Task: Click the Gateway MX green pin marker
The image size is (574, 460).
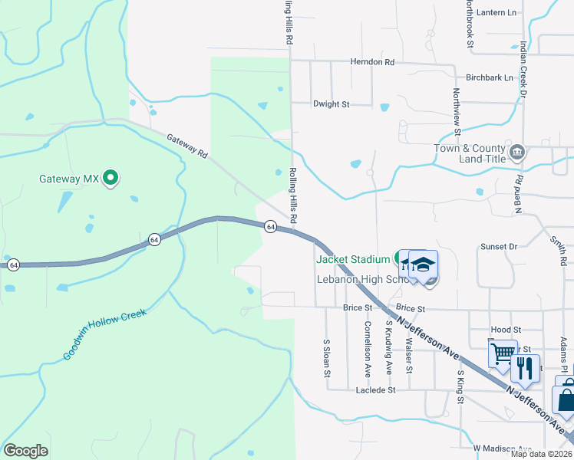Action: (110, 179)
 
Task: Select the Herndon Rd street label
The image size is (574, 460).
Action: (371, 61)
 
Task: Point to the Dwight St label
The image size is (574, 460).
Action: (331, 103)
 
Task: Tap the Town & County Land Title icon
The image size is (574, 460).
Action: (518, 153)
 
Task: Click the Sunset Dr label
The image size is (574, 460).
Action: (499, 247)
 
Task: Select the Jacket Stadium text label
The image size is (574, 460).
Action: (353, 259)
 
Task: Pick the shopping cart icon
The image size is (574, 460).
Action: (503, 353)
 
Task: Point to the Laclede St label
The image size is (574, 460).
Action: (375, 389)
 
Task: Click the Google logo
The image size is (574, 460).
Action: (25, 451)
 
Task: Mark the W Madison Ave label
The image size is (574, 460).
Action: (502, 448)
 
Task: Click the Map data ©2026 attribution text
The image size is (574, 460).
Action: (541, 454)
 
